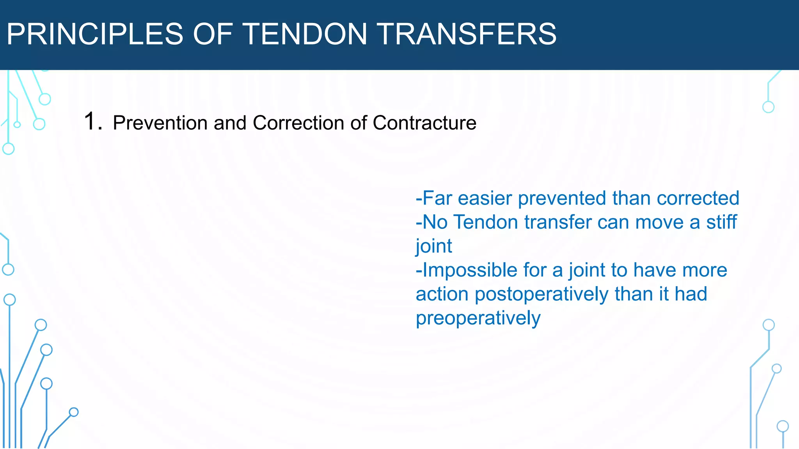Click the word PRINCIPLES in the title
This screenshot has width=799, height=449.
coord(95,34)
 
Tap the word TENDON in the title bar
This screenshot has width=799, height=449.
coord(305,34)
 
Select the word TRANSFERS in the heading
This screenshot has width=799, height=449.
coord(467,34)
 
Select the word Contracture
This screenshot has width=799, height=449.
coord(424,123)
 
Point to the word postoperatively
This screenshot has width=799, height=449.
coord(542,294)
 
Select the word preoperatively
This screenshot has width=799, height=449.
coord(478,318)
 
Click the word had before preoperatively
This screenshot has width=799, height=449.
coord(691,294)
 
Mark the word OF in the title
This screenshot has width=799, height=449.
coord(213,34)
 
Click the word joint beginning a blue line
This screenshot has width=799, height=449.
coord(433,246)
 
